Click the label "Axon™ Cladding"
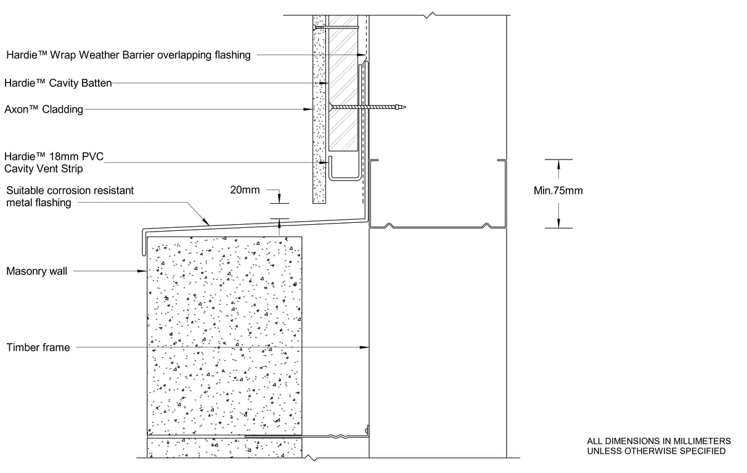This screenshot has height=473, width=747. click(44, 110)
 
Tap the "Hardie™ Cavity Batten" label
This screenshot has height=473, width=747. click(58, 83)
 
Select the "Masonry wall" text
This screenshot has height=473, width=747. click(37, 271)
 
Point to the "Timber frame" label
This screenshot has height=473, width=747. click(38, 347)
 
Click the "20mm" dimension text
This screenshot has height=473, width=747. click(245, 190)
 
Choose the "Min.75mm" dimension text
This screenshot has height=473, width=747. click(558, 190)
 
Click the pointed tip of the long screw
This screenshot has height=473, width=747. click(406, 107)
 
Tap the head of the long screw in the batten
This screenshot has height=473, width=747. click(330, 107)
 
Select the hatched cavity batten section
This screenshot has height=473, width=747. click(343, 83)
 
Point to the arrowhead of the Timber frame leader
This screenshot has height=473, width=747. click(364, 347)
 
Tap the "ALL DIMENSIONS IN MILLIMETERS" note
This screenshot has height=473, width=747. click(659, 441)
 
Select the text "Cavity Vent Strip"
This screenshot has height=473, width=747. click(43, 169)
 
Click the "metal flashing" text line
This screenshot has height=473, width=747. click(39, 203)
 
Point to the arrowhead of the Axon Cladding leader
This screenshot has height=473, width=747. click(308, 110)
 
